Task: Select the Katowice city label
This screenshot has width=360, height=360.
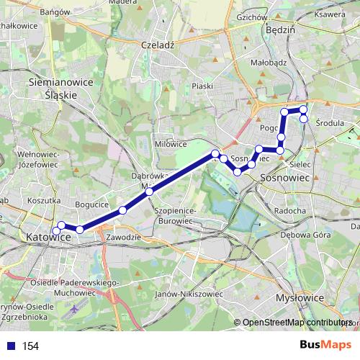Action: (48, 236)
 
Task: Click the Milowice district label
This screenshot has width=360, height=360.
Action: (171, 144)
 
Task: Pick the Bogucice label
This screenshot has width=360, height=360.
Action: (91, 204)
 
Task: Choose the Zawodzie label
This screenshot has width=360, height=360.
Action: (121, 237)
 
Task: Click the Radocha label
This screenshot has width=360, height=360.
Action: (290, 210)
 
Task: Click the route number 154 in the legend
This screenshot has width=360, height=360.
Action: (31, 346)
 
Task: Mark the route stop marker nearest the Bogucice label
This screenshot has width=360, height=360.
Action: (122, 210)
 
